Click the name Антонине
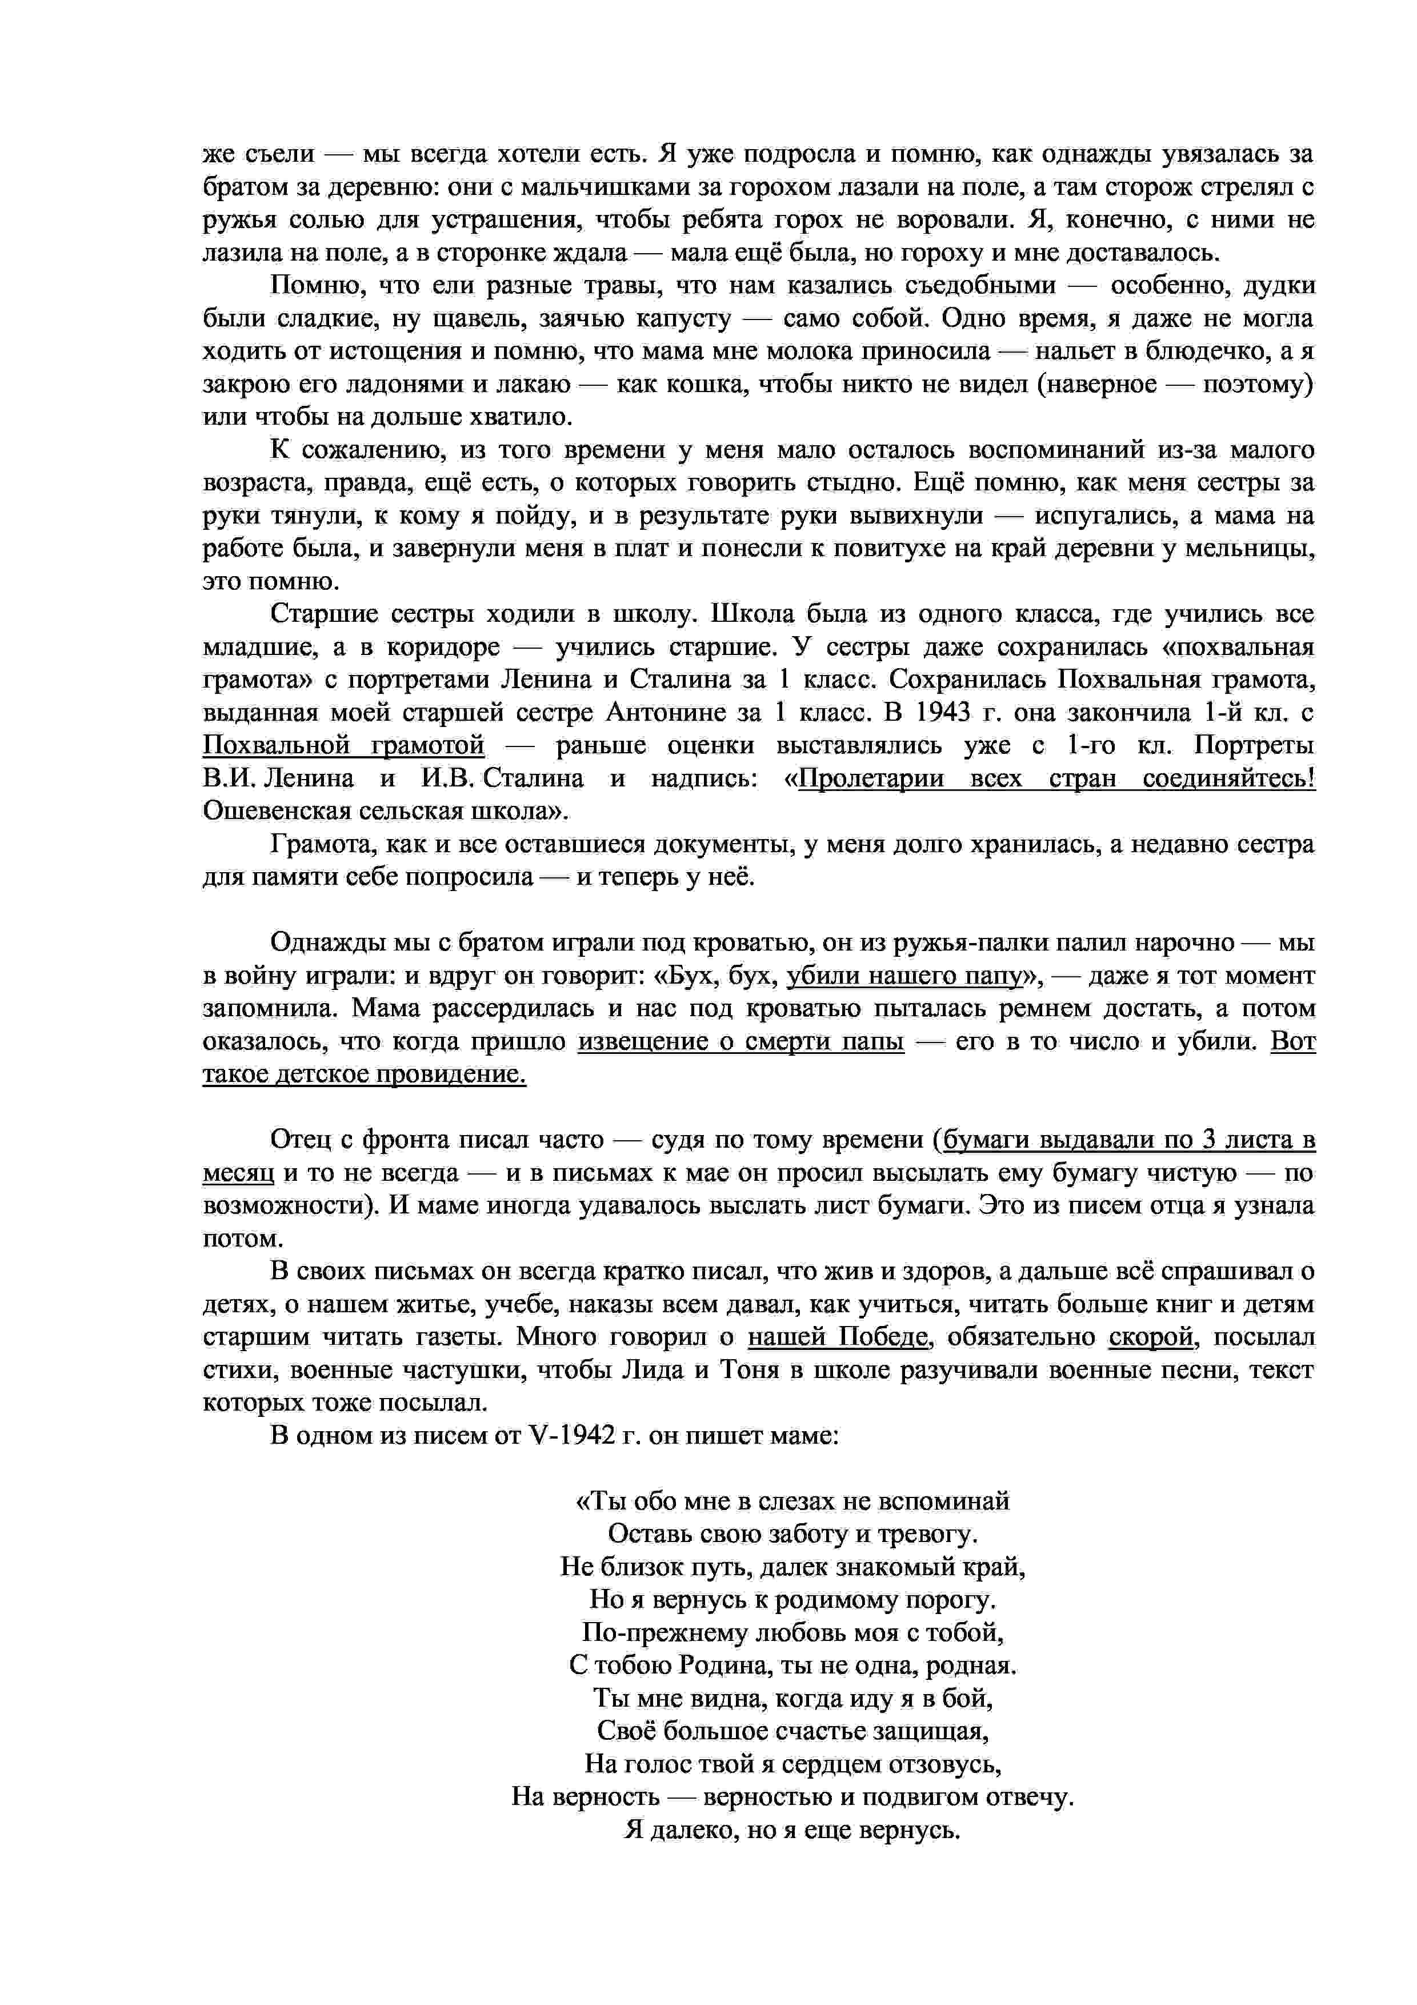click(x=663, y=713)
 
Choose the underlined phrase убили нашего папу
click(x=904, y=976)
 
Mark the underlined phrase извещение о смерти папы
click(x=740, y=1042)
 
